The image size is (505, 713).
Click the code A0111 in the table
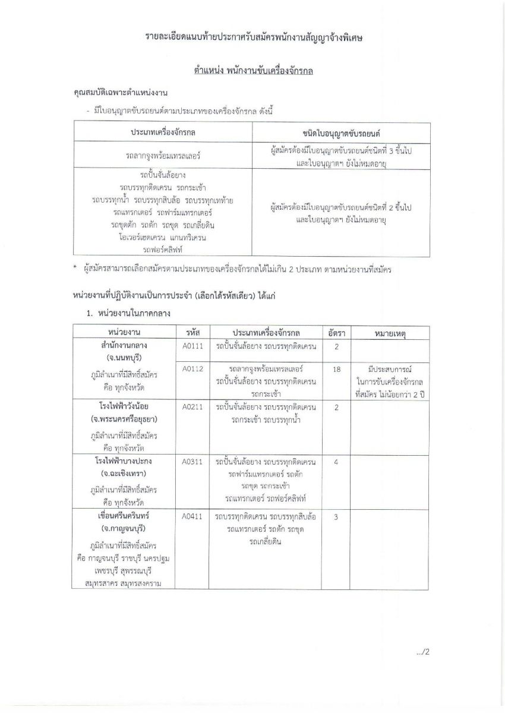193,346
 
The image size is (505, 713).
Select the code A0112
193,369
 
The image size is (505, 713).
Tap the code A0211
193,407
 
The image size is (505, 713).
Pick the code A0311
193,462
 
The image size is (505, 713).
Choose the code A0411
193,516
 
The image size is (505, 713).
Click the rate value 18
337,369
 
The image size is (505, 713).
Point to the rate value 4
337,462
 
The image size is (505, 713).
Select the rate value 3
337,516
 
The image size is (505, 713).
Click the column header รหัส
193,331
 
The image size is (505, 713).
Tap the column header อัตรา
337,331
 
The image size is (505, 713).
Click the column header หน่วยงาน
124,331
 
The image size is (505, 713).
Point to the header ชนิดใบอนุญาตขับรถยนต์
341,131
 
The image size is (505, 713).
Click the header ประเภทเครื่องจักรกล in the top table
163,131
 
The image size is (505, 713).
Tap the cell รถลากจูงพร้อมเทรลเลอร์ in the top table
163,156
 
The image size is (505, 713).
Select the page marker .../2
422,652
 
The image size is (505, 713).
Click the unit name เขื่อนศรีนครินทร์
124,516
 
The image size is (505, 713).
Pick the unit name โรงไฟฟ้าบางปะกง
124,462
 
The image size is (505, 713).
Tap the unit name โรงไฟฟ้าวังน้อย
124,407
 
